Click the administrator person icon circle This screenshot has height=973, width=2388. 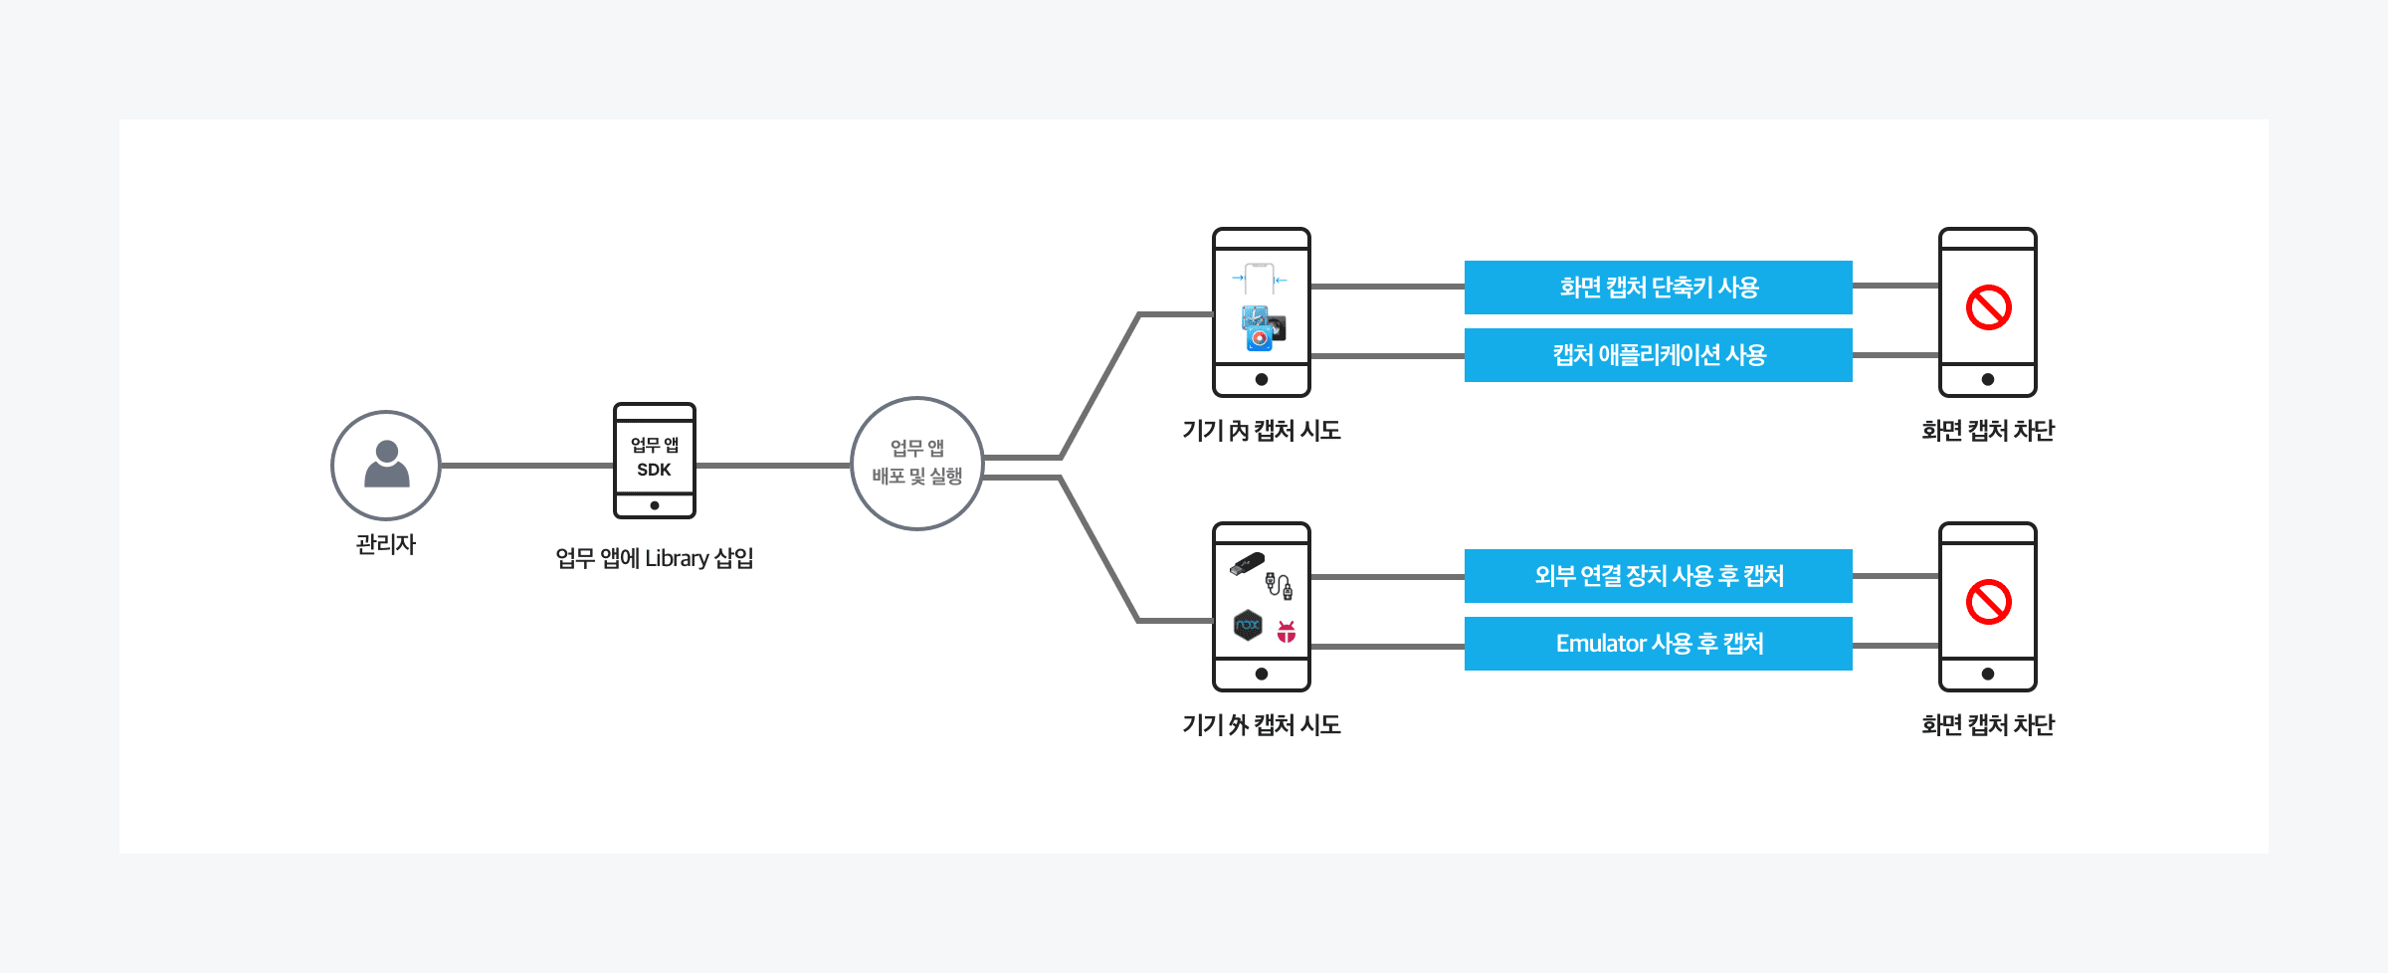tap(386, 465)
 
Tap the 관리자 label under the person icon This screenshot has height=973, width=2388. tap(386, 544)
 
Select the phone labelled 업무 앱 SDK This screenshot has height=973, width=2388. tap(654, 460)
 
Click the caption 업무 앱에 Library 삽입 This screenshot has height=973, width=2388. tap(654, 558)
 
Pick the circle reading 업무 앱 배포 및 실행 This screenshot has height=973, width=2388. tap(916, 463)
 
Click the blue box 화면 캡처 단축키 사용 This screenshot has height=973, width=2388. tap(1658, 288)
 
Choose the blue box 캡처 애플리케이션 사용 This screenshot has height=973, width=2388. tap(1658, 355)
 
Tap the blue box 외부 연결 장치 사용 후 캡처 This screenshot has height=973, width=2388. tap(1658, 576)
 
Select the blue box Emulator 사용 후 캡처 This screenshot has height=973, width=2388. tap(1658, 644)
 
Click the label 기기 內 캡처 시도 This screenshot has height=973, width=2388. tap(1261, 431)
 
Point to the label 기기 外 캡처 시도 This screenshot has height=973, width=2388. tap(1261, 725)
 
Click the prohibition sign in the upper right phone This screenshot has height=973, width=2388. tap(1988, 307)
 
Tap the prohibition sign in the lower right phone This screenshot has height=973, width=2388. tap(1988, 602)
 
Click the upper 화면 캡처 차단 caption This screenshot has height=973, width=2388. tap(1987, 431)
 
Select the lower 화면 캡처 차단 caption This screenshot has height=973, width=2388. tap(1987, 725)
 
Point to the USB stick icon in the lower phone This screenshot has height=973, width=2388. tap(1247, 564)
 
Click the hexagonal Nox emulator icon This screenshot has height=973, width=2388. tap(1248, 626)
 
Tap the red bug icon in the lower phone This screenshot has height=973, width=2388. tap(1287, 631)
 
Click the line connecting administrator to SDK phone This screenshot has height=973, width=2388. tap(526, 465)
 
